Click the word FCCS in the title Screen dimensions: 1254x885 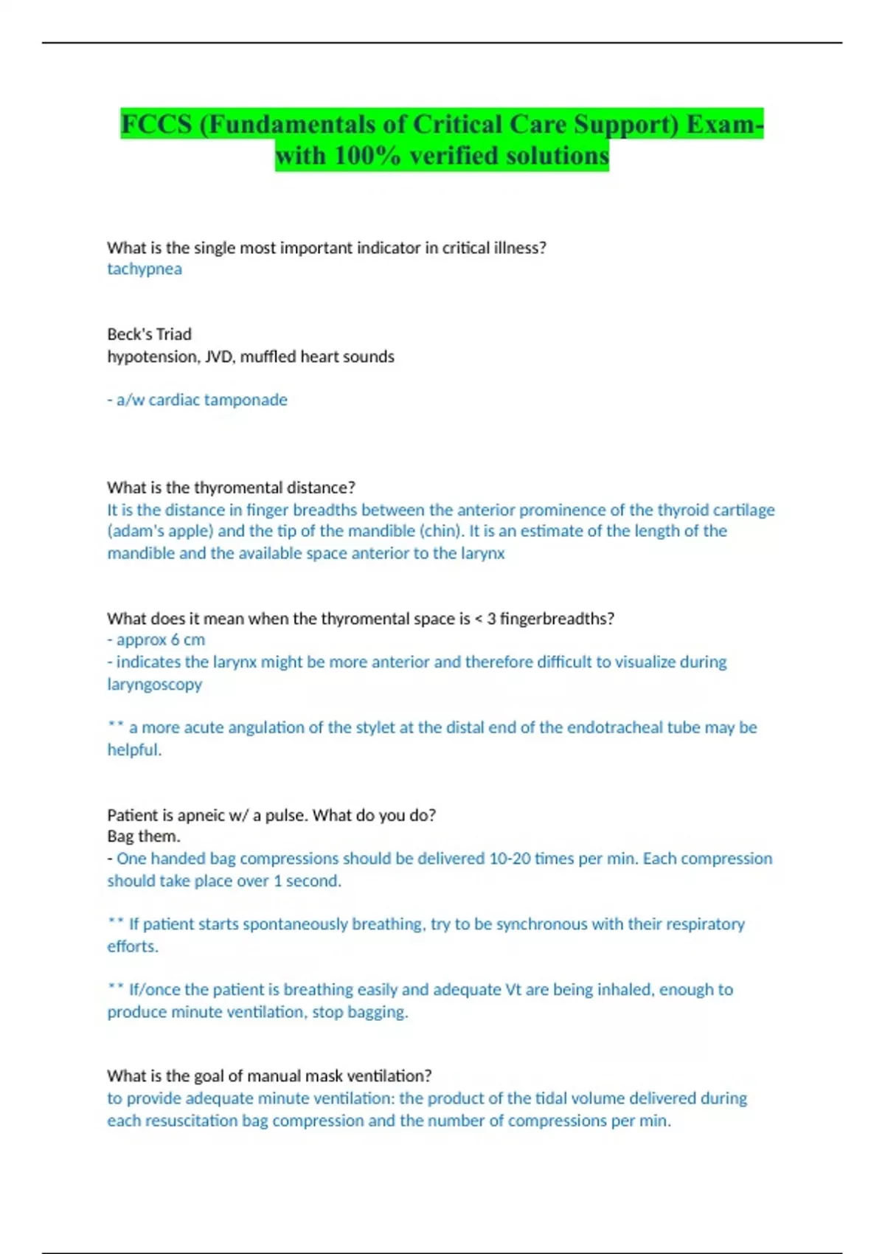(x=156, y=124)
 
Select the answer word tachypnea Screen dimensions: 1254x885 (x=145, y=269)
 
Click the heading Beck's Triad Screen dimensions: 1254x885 (x=149, y=334)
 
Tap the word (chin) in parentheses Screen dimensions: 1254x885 (x=441, y=531)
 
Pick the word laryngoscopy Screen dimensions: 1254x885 (x=154, y=685)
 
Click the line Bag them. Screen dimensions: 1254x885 (x=143, y=836)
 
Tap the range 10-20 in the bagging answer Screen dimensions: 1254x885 (x=510, y=859)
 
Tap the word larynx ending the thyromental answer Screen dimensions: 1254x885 (x=483, y=554)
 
